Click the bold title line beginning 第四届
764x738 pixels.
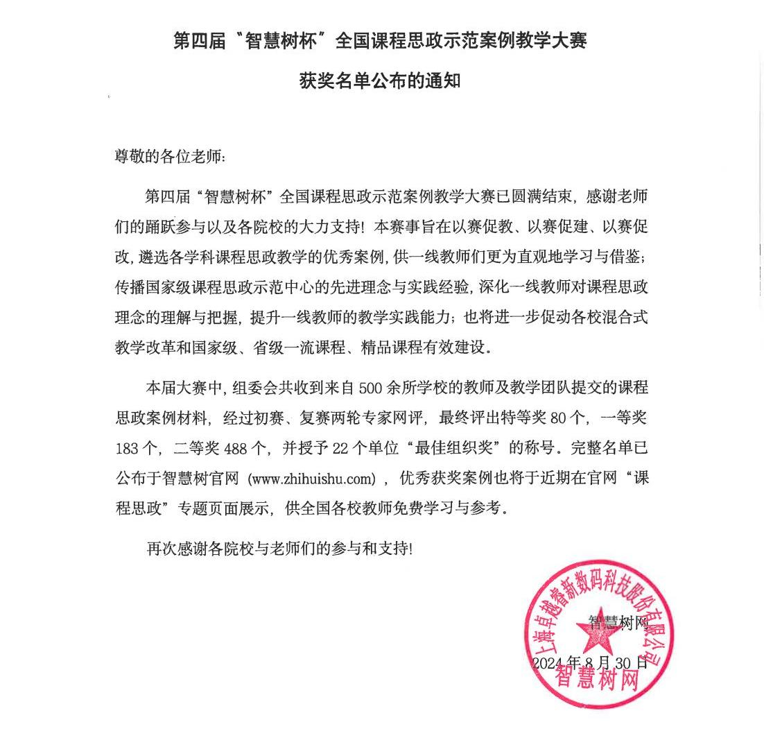click(x=380, y=41)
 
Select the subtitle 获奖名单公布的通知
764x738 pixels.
click(x=380, y=81)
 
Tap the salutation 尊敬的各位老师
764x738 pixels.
click(x=170, y=157)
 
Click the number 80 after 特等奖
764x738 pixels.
click(x=559, y=418)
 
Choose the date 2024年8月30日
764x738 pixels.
click(x=590, y=662)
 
